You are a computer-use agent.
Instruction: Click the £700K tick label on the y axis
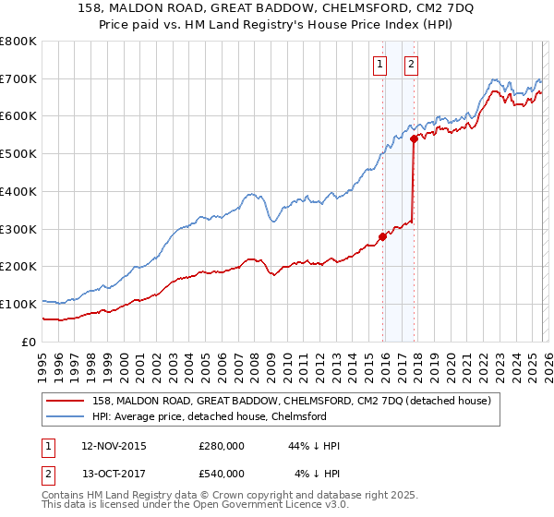click(18, 78)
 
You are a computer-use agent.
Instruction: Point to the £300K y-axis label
click(18, 229)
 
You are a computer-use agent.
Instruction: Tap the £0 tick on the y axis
click(30, 342)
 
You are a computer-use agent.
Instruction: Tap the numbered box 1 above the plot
click(379, 64)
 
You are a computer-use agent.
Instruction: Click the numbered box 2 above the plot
click(411, 64)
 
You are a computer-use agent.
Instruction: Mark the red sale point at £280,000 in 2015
click(382, 235)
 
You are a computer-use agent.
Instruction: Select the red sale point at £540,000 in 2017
click(414, 138)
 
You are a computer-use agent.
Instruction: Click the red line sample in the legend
click(66, 401)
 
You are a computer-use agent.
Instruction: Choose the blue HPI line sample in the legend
click(66, 416)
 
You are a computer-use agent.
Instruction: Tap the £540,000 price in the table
click(222, 473)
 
